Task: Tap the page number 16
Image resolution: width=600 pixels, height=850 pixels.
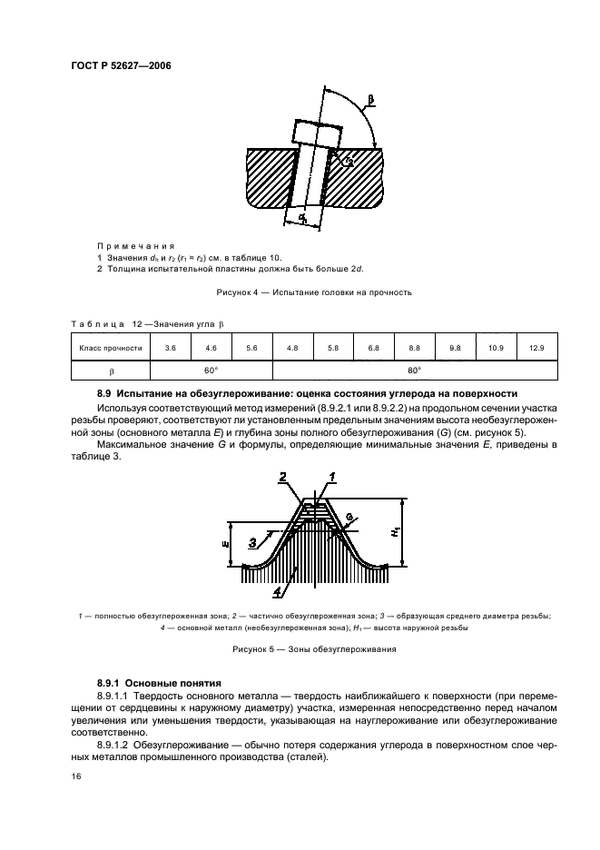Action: click(76, 776)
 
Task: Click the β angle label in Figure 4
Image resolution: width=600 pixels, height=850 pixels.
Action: click(369, 97)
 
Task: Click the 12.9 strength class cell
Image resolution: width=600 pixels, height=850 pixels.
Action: click(536, 348)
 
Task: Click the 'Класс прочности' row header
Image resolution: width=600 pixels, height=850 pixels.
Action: click(111, 348)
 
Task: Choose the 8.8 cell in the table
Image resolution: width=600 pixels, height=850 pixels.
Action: click(415, 348)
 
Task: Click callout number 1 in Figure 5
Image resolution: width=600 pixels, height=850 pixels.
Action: click(333, 477)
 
